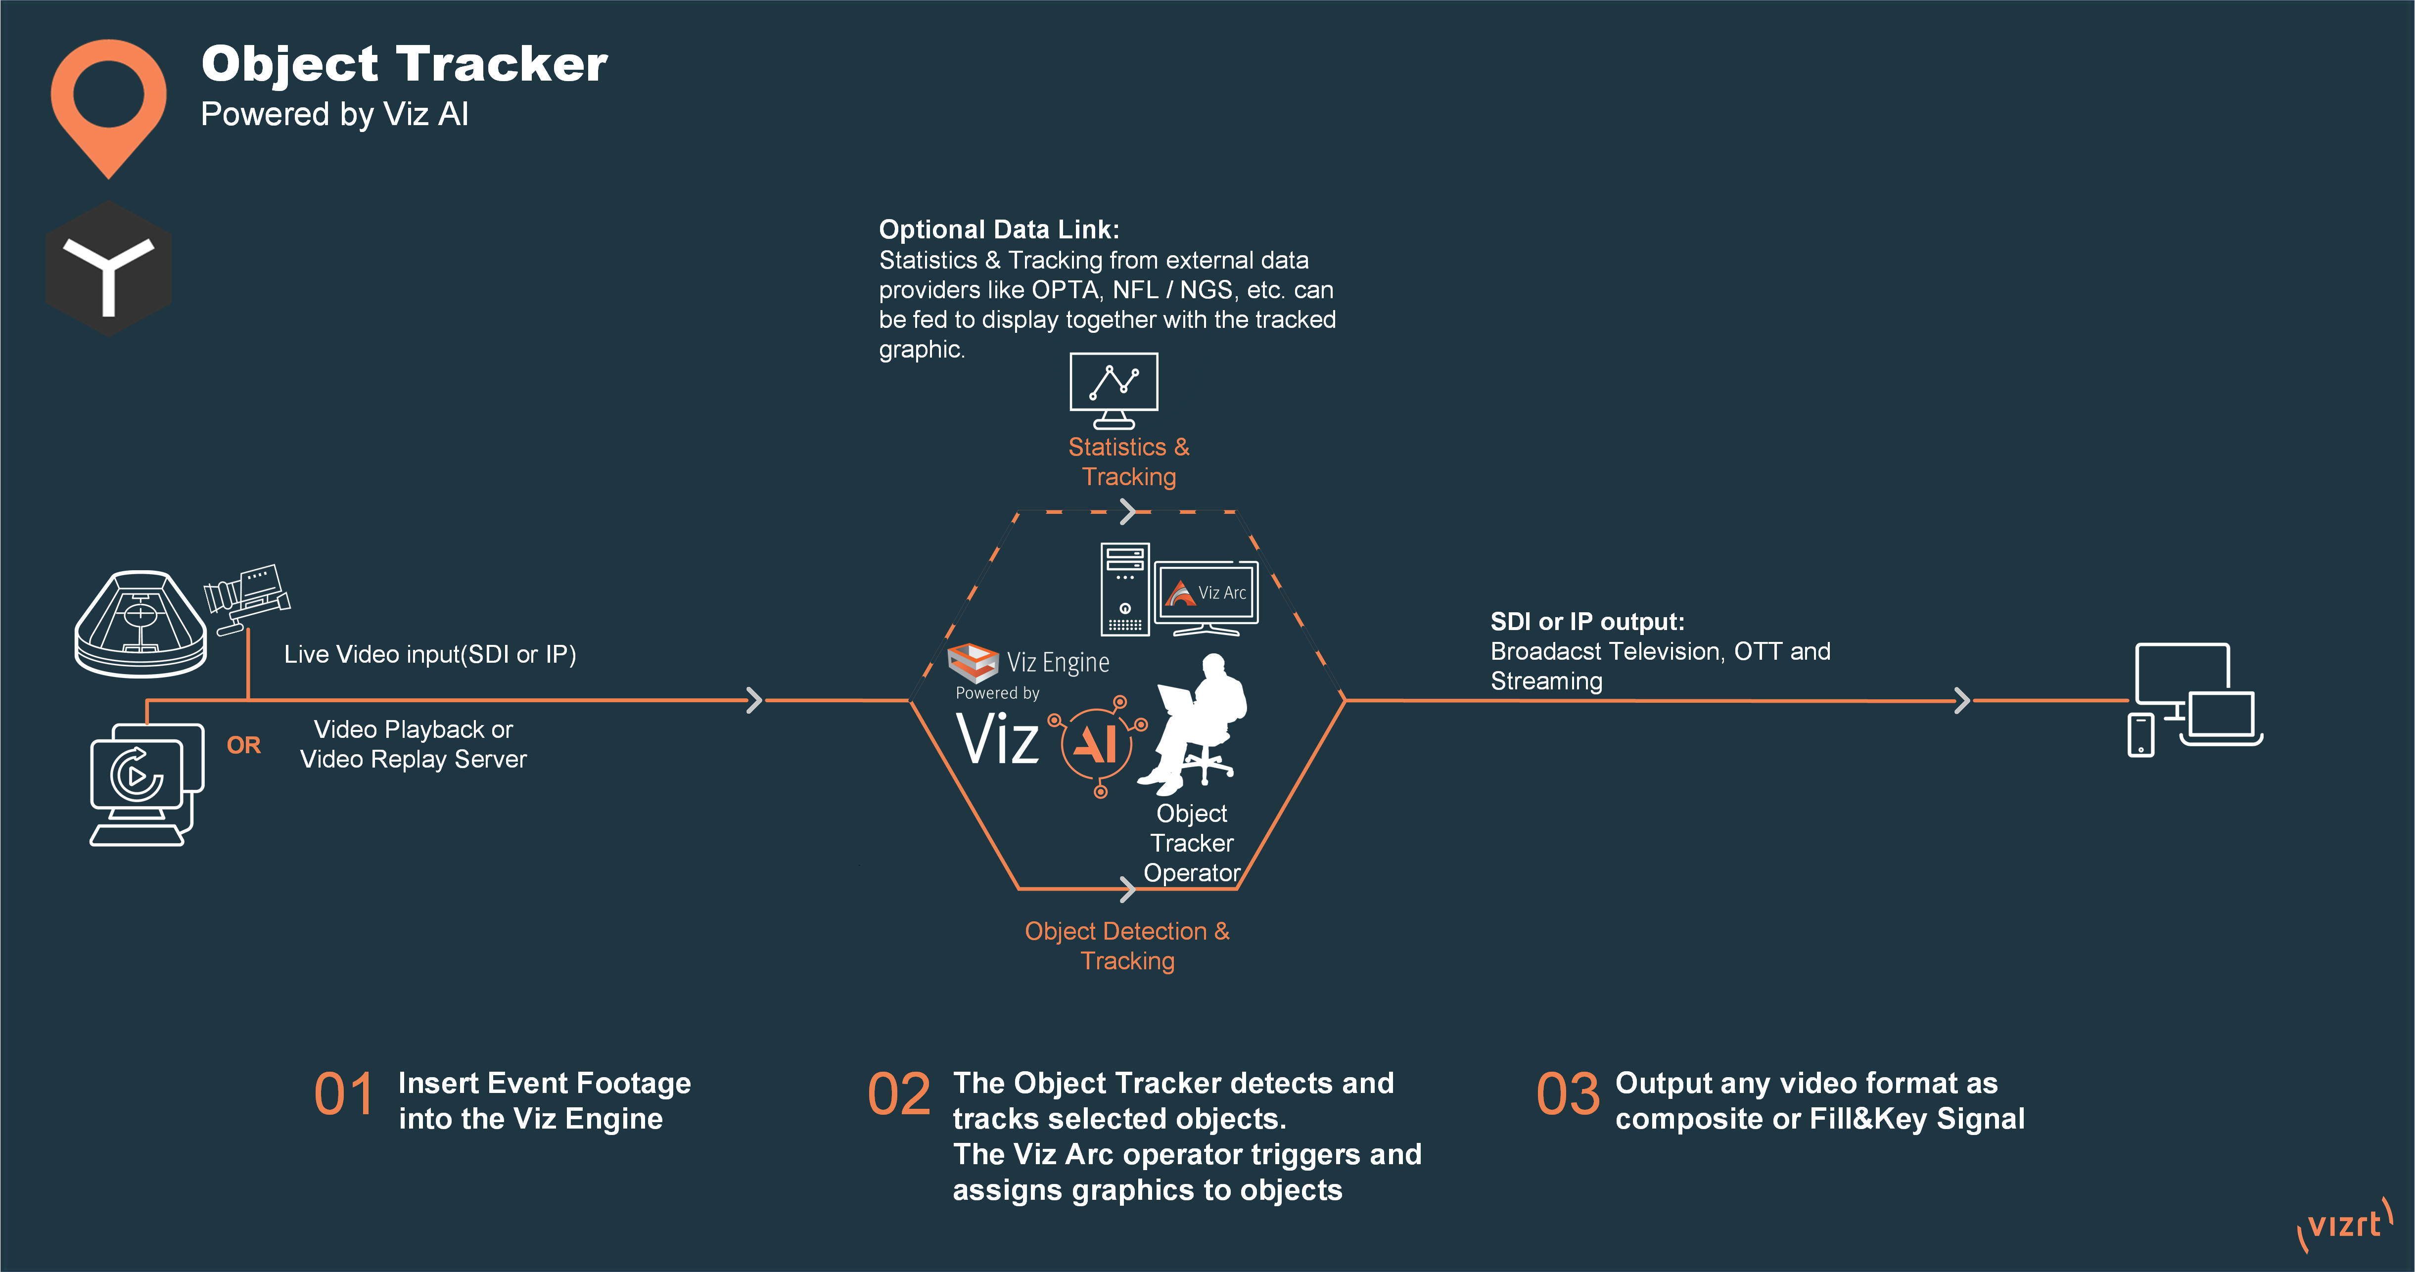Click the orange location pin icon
coord(109,103)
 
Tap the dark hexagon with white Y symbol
coord(109,269)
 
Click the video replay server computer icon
coord(145,784)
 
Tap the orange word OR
coord(244,745)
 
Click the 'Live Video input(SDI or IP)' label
coord(429,654)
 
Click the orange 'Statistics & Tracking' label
coord(1129,461)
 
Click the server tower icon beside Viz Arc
coord(1124,589)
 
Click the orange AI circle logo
coord(1097,743)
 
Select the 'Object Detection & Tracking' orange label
coord(1127,946)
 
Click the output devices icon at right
coord(2194,698)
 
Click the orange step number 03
coord(1568,1095)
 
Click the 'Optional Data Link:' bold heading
coord(998,229)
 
